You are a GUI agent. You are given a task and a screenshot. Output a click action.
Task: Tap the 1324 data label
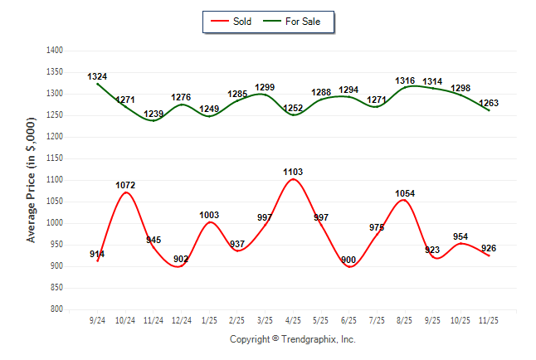tap(98, 76)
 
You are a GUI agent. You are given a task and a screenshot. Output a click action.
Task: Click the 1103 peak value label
tap(293, 172)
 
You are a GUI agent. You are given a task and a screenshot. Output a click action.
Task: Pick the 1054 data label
tap(405, 193)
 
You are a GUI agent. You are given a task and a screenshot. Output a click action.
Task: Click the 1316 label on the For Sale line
tap(405, 80)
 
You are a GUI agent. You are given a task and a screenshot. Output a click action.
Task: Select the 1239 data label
tap(153, 114)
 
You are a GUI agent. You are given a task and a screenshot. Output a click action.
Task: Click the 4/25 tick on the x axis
tap(293, 319)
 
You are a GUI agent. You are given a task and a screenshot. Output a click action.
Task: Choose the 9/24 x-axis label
tap(98, 319)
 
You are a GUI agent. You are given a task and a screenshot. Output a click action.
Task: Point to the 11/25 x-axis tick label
tap(489, 319)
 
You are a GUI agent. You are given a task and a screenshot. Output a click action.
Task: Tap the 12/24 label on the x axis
tap(182, 319)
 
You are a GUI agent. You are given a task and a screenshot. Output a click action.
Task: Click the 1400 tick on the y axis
tap(55, 51)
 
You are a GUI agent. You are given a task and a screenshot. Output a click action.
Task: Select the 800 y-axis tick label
tap(57, 309)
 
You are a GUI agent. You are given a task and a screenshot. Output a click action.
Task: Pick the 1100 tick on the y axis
tap(55, 180)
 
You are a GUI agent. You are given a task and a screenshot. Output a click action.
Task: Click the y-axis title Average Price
tap(32, 179)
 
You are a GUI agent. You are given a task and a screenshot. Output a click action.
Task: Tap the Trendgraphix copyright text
tap(292, 339)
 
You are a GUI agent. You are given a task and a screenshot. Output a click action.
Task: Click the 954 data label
tap(460, 236)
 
